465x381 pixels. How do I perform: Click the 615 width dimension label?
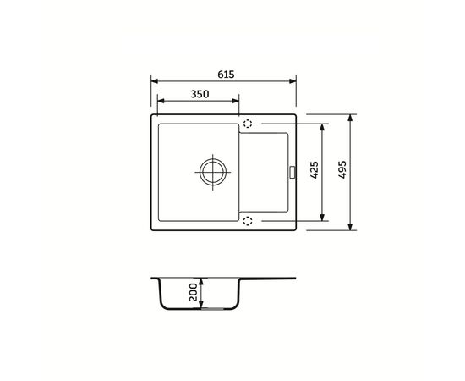click(x=226, y=75)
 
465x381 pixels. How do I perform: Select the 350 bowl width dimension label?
click(x=200, y=94)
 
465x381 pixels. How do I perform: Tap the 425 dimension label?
click(x=314, y=169)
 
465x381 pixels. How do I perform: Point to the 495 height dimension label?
click(x=342, y=169)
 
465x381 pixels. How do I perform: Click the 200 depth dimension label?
click(x=193, y=292)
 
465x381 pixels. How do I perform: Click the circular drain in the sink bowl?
click(x=213, y=172)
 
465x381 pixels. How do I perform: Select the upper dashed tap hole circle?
click(x=248, y=124)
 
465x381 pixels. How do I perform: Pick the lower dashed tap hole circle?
click(x=248, y=221)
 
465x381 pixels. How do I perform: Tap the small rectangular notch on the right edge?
click(x=293, y=172)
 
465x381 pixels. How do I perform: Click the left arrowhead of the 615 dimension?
click(x=155, y=81)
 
